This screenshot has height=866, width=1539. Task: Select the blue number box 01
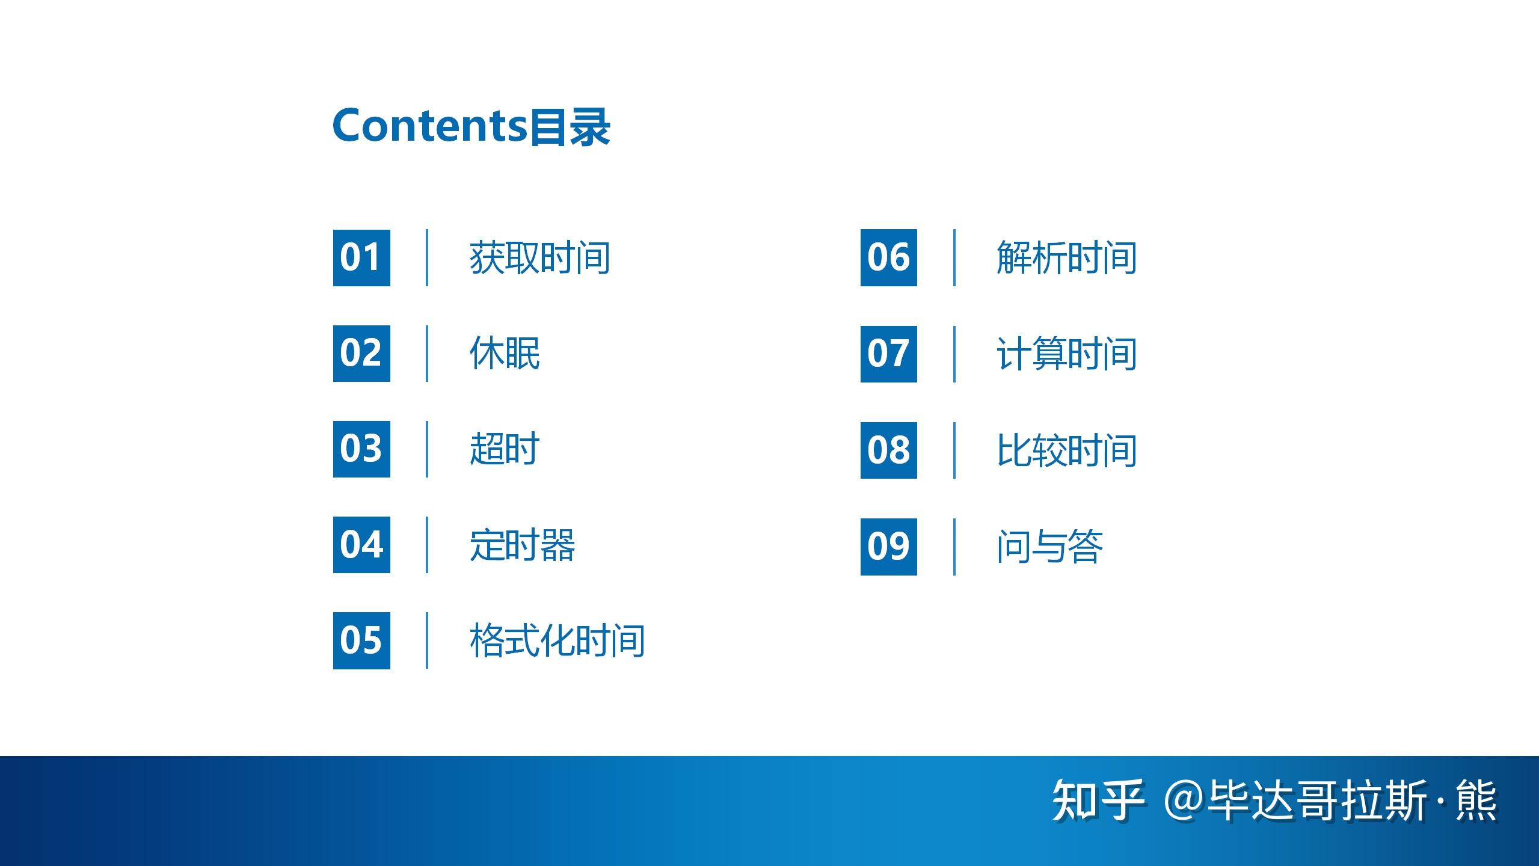[361, 257]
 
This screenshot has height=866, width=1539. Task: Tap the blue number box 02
[361, 354]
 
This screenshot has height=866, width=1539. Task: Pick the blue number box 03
[361, 449]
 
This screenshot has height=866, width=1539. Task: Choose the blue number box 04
[361, 545]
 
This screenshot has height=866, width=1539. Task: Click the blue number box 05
[361, 640]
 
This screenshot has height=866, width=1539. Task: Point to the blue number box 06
[889, 257]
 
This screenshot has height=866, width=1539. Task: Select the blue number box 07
[889, 354]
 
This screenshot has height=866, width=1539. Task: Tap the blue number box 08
[889, 450]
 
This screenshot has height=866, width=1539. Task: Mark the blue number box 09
[889, 547]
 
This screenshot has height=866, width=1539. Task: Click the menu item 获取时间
[539, 258]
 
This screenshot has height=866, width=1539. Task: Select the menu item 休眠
[505, 353]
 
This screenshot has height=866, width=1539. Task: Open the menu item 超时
[504, 449]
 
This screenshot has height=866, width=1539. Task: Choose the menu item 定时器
[522, 545]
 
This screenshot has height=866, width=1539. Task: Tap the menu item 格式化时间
[557, 640]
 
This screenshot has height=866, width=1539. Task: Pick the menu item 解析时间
[1066, 258]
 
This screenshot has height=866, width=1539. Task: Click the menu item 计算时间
[1066, 354]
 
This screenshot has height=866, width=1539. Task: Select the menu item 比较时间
[1066, 450]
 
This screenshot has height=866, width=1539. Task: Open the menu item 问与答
[1049, 547]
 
